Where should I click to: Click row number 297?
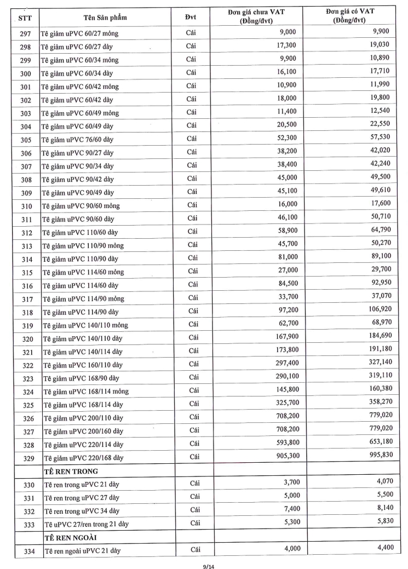(26, 34)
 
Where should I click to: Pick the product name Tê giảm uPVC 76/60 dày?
(78, 140)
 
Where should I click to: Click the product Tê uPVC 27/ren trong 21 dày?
(86, 524)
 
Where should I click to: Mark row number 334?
(26, 550)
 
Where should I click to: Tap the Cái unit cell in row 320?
(191, 338)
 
